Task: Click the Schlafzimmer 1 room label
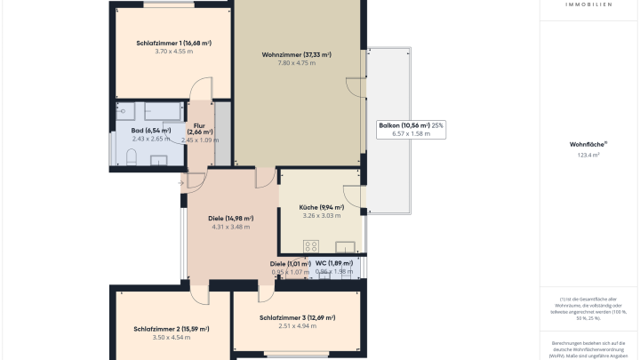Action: pyautogui.click(x=173, y=43)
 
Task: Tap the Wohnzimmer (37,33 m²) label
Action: pyautogui.click(x=296, y=55)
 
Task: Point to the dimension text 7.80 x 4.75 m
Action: pyautogui.click(x=296, y=63)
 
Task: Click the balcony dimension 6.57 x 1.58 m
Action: pyautogui.click(x=404, y=134)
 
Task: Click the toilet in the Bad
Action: pyautogui.click(x=131, y=158)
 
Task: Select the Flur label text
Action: pyautogui.click(x=199, y=125)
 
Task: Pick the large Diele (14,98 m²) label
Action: pyautogui.click(x=230, y=219)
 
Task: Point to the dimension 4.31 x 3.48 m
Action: pyautogui.click(x=230, y=228)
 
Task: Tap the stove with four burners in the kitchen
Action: pyautogui.click(x=311, y=246)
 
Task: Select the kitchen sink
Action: pyautogui.click(x=346, y=246)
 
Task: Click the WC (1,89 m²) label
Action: pyautogui.click(x=333, y=263)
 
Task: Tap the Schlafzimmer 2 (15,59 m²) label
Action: pyautogui.click(x=172, y=329)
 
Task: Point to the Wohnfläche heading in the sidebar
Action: pyautogui.click(x=587, y=144)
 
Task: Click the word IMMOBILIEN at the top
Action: pyautogui.click(x=588, y=4)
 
